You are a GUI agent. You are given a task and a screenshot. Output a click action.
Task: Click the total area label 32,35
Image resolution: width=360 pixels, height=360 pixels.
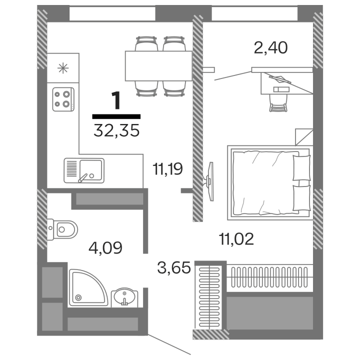point(116,130)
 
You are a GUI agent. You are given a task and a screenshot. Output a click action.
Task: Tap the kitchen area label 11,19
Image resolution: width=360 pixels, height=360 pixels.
point(167,168)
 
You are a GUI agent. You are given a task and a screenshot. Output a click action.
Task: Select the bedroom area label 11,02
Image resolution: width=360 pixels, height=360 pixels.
point(236,239)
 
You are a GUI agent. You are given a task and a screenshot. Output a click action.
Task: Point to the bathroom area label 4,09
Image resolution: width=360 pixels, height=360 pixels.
point(105,248)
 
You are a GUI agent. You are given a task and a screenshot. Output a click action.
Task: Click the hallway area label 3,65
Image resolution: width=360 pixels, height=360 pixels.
point(174,267)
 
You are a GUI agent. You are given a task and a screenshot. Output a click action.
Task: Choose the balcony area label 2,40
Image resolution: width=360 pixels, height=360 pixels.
point(270,48)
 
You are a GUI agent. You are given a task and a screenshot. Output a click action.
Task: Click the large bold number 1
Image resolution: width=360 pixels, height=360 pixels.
point(116,100)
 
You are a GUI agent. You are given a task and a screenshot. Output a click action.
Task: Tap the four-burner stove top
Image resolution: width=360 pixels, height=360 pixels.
point(63,99)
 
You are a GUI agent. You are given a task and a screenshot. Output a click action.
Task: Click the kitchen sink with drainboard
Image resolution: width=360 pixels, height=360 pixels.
point(84,170)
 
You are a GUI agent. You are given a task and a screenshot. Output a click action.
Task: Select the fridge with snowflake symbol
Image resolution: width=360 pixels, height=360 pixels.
point(63,68)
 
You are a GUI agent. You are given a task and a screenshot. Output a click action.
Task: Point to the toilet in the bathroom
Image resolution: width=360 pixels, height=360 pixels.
point(62,229)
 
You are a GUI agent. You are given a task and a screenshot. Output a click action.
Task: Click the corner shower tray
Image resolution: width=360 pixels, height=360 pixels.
point(88,287)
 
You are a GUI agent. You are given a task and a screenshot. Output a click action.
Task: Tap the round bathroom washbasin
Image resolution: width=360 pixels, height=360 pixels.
point(124,297)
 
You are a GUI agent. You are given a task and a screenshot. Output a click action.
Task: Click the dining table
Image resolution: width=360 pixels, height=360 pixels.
point(158,66)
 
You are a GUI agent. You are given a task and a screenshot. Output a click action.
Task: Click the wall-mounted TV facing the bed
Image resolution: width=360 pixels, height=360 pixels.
point(209,181)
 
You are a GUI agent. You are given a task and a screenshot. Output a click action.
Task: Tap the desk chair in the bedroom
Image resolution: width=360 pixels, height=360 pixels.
point(278,103)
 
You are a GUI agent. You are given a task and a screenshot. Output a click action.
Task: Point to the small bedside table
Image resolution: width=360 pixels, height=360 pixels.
point(304,137)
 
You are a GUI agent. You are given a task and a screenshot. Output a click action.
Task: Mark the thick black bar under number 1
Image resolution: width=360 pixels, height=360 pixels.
point(116,116)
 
